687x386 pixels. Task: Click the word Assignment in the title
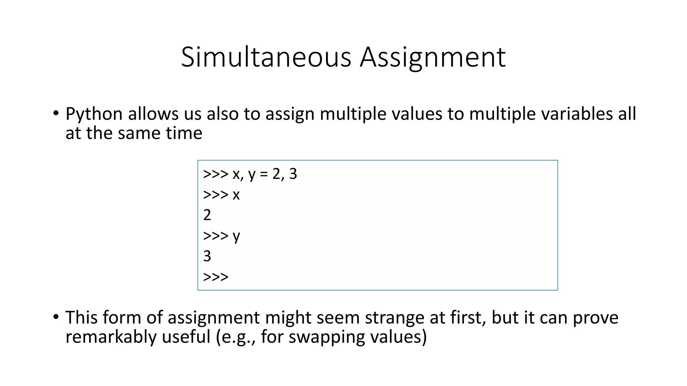pos(433,58)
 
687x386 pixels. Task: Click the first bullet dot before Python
pos(56,113)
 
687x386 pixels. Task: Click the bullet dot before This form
pos(56,316)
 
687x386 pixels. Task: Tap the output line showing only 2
pos(207,215)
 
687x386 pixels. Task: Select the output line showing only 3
pos(207,256)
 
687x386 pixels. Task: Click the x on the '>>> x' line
pos(236,195)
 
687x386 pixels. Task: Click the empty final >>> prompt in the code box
pos(216,277)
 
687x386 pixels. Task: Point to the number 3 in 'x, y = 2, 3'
pos(293,174)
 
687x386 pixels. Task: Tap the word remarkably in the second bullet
pos(111,337)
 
